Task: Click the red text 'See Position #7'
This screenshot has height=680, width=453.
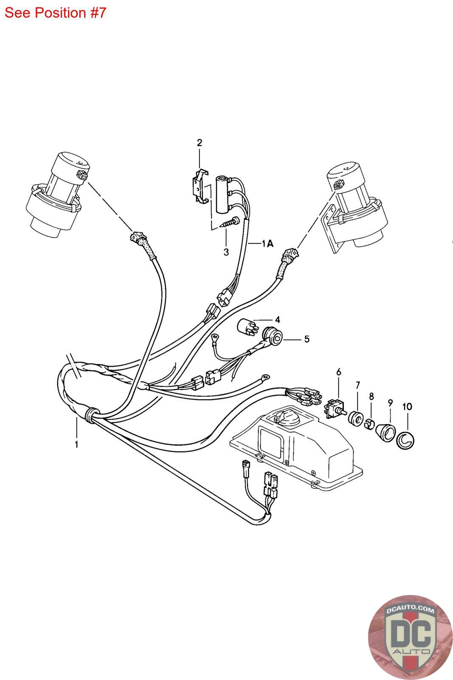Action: coord(55,13)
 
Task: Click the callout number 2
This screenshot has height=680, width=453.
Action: coord(199,143)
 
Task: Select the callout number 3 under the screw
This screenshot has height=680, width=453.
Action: coord(226,252)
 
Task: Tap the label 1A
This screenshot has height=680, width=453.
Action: coord(267,244)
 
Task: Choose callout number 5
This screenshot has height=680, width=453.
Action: coord(307,339)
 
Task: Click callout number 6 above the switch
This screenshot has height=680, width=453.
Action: coord(338,372)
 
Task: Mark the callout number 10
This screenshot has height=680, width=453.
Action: coord(407,407)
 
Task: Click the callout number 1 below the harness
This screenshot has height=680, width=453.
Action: coord(76,445)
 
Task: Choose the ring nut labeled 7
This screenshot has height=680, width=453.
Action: coord(355,417)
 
